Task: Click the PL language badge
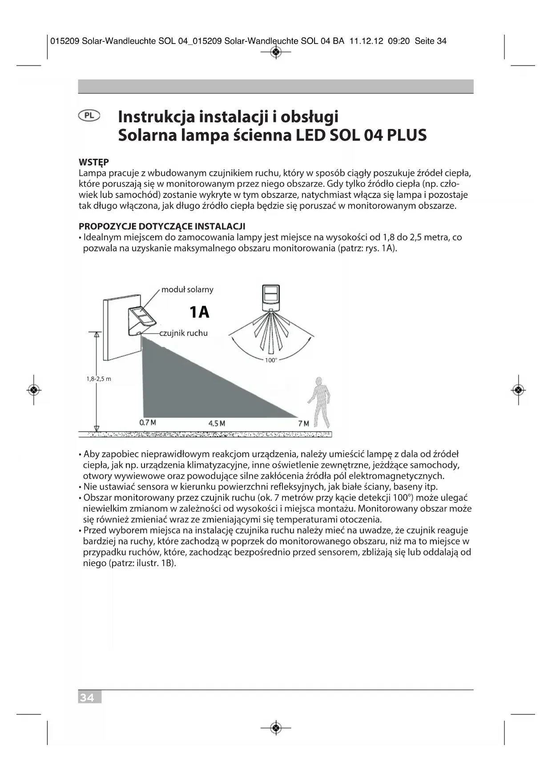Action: click(89, 116)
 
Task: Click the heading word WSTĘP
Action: click(94, 162)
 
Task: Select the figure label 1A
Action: click(199, 312)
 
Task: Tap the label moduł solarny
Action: click(187, 289)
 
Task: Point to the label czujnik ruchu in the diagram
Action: click(183, 333)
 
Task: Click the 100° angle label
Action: click(270, 360)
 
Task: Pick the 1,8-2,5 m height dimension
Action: click(99, 379)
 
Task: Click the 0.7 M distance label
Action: click(148, 422)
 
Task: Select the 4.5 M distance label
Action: click(217, 423)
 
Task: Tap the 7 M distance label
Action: click(303, 423)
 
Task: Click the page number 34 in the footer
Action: click(88, 698)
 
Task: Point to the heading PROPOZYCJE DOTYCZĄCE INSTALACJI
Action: click(162, 226)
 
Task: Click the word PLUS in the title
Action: click(407, 135)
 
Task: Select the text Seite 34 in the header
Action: click(430, 41)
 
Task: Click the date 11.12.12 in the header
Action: click(367, 41)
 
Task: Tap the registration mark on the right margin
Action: click(518, 390)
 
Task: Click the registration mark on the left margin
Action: click(34, 390)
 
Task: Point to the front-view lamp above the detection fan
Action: click(270, 297)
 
